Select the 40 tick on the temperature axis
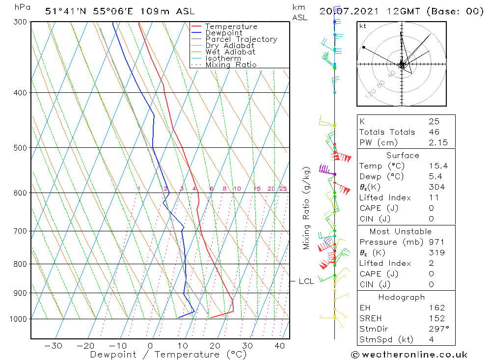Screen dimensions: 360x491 click(x=279, y=346)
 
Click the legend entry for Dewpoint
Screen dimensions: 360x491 click(x=223, y=33)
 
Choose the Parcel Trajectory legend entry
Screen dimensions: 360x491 click(x=241, y=39)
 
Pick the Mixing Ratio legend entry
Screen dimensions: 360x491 click(x=231, y=65)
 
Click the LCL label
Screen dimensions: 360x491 click(x=306, y=281)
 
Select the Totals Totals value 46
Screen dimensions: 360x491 click(x=434, y=132)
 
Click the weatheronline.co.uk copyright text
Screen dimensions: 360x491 click(x=409, y=355)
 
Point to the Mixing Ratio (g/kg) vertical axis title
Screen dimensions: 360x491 click(x=307, y=208)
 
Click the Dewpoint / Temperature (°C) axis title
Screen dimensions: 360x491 click(x=160, y=355)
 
